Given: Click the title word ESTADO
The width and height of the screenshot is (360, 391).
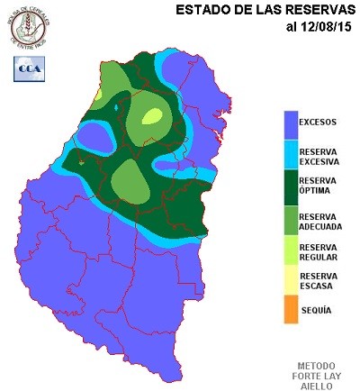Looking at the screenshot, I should pos(202,10).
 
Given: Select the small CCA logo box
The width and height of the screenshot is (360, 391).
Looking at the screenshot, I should pos(25,68).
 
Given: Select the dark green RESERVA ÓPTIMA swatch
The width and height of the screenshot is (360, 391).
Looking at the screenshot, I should pos(290,186).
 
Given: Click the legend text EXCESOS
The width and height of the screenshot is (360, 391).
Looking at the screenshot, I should pos(319,120).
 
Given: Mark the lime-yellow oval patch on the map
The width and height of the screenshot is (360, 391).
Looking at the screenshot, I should pos(152,115).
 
